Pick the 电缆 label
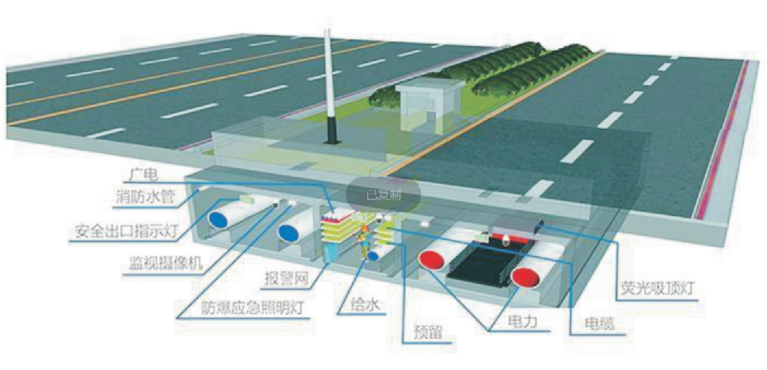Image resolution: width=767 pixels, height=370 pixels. pos(600,324)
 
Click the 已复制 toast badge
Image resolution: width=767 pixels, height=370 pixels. pos(383,194)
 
